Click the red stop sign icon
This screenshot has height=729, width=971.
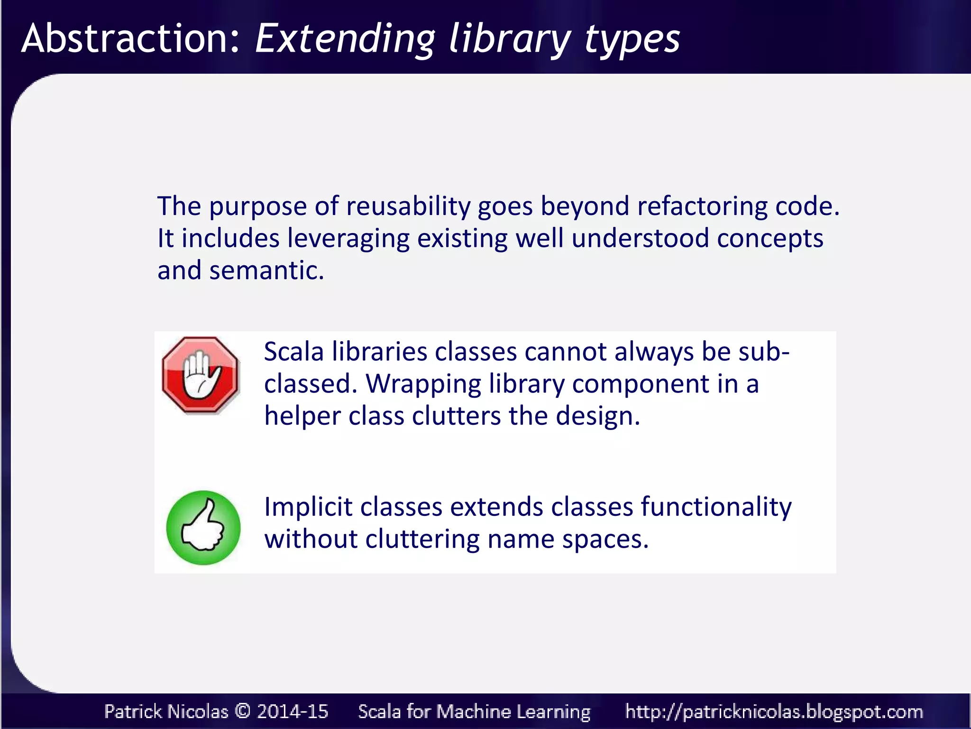[201, 375]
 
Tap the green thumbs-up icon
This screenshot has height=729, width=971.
[203, 528]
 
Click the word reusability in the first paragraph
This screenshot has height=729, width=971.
[408, 206]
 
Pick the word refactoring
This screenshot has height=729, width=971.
[702, 206]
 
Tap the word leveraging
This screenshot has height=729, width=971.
[348, 239]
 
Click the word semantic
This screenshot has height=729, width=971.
[266, 271]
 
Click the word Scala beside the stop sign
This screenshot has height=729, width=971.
[293, 352]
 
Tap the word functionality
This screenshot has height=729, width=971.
[716, 507]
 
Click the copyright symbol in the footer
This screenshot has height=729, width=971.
[243, 711]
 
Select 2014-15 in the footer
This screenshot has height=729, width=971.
[292, 711]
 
